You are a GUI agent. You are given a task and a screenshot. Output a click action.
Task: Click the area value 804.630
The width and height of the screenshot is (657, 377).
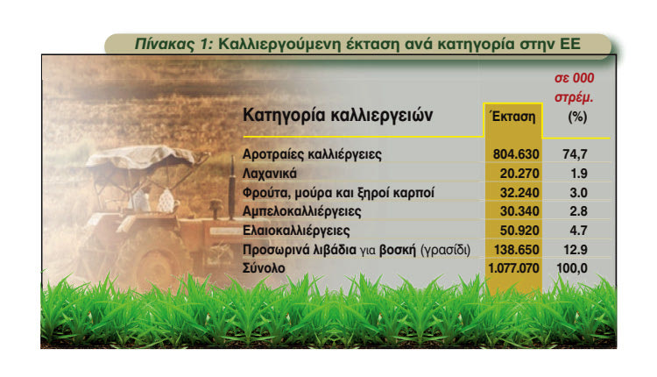[x=516, y=154]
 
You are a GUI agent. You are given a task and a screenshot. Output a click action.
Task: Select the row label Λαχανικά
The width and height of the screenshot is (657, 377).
[x=270, y=174]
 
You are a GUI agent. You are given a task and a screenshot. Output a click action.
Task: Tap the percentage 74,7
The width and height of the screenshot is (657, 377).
[x=575, y=154]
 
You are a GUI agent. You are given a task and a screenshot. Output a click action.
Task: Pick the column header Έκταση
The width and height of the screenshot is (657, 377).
[x=512, y=117]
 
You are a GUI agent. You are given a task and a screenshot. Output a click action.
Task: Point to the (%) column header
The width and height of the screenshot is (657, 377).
[x=577, y=117]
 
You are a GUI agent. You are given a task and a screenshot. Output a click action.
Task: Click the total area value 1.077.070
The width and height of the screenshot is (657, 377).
[x=513, y=268]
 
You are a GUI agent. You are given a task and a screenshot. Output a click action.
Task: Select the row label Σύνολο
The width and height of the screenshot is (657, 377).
[x=264, y=268]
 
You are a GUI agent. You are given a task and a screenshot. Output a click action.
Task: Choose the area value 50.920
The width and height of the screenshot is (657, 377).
[x=519, y=231]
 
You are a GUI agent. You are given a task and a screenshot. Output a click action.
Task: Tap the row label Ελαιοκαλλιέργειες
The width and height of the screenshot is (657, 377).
[x=296, y=231]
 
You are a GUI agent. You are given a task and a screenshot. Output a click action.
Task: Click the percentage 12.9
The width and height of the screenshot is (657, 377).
[x=576, y=250]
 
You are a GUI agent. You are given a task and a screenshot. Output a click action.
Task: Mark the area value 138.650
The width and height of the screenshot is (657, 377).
[x=516, y=250]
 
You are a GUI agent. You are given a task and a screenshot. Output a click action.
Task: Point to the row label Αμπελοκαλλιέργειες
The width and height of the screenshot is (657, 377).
[x=301, y=211]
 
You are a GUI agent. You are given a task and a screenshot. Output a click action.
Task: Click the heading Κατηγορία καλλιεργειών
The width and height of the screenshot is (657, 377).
[x=338, y=115]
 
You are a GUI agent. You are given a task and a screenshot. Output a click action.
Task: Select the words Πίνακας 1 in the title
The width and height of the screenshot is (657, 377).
[x=174, y=44]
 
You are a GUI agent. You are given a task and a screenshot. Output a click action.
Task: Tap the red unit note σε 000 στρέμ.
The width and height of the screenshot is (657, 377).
[x=574, y=87]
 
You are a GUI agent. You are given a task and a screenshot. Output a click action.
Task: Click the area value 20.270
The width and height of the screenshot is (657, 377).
[x=519, y=174]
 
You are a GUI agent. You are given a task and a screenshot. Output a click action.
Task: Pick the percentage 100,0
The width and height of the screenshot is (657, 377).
[x=572, y=268]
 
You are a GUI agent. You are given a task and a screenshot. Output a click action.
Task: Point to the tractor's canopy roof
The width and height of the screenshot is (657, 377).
[x=142, y=157]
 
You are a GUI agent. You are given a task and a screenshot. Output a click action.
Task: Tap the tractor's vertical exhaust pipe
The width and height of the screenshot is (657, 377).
[x=231, y=188]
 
